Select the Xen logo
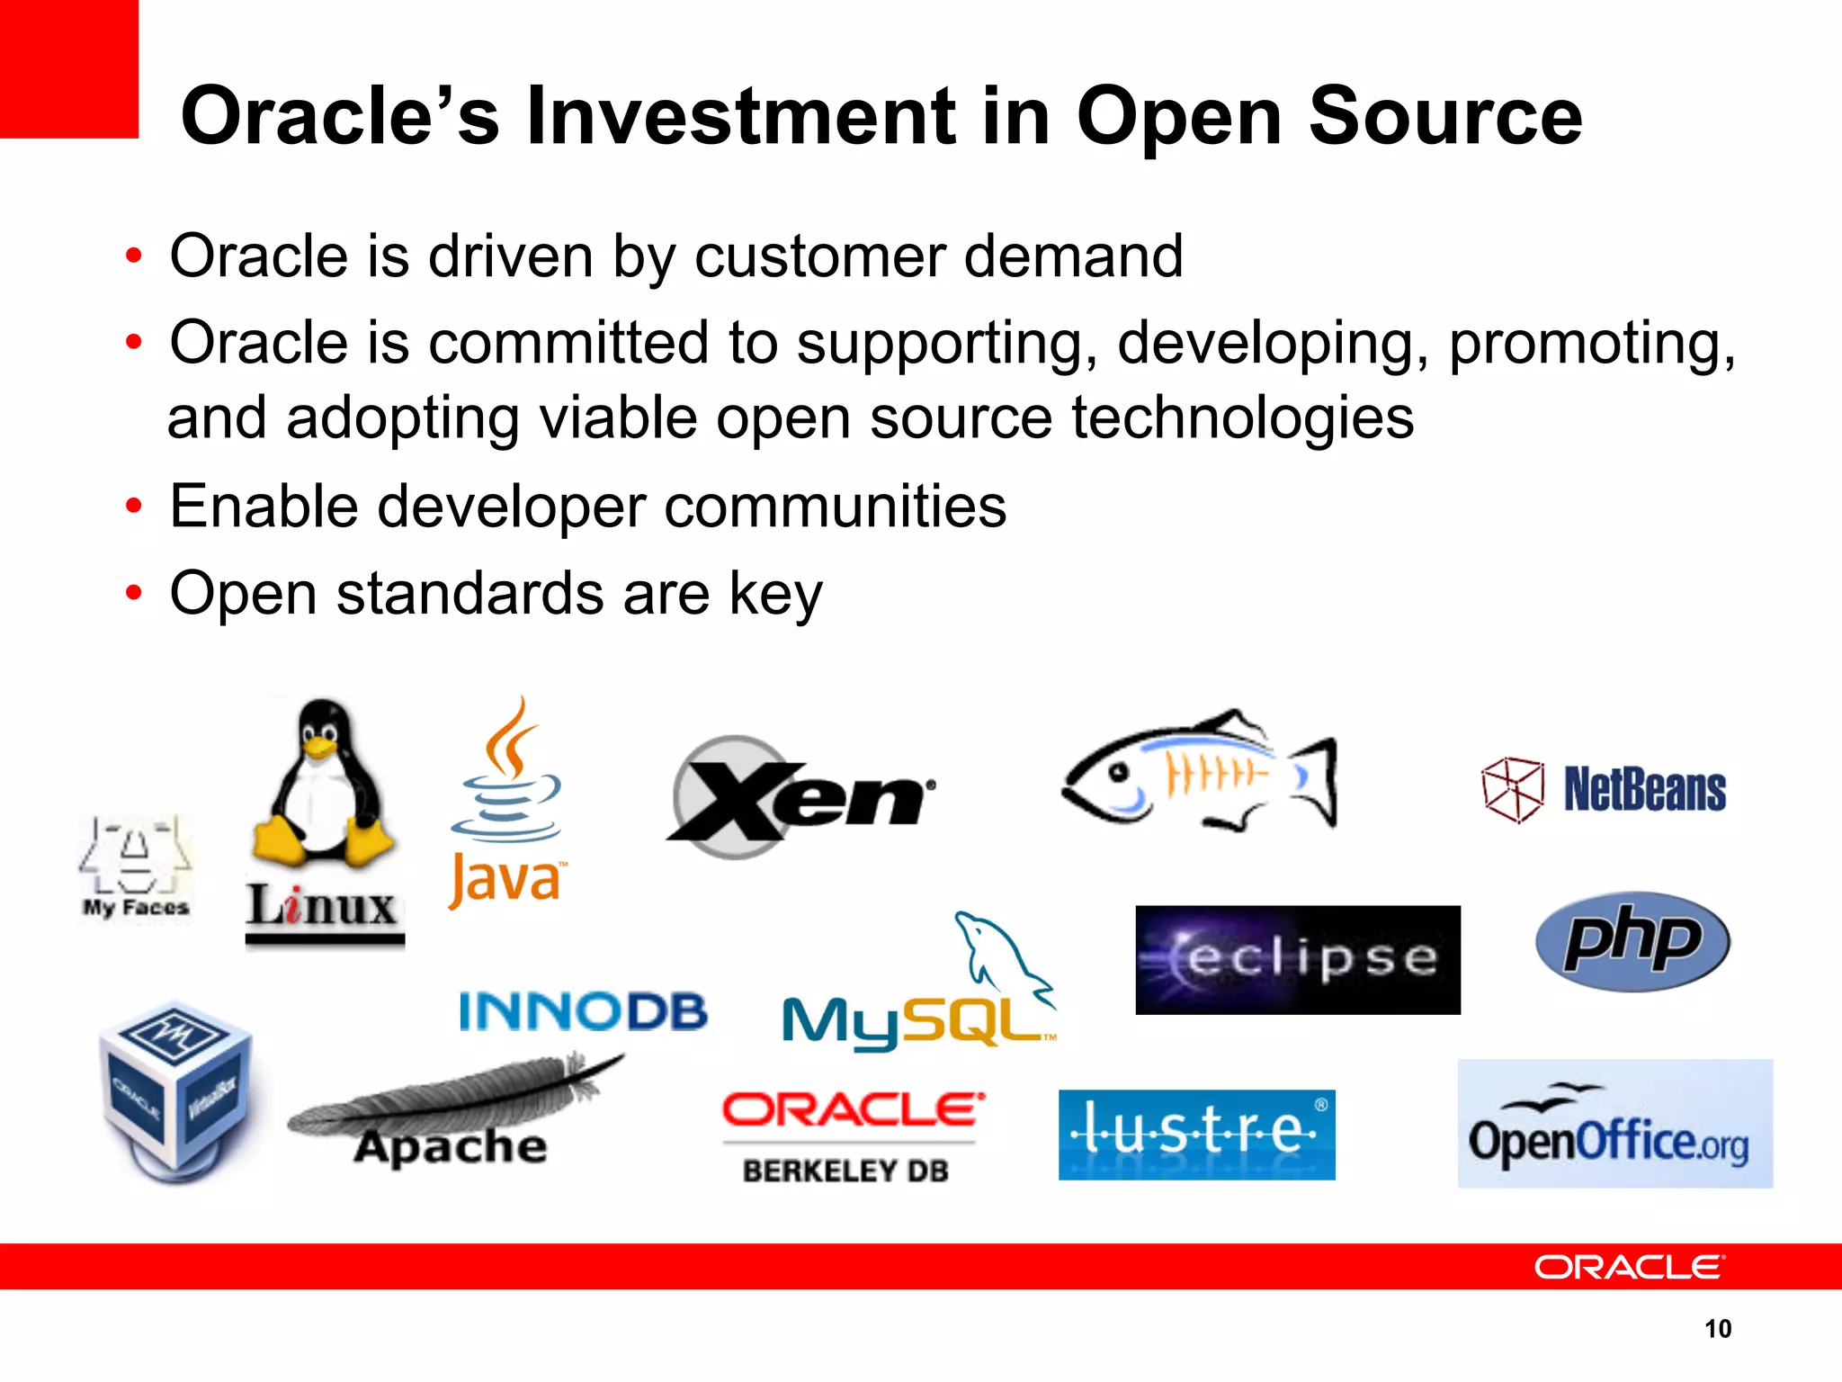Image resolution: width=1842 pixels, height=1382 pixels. (800, 796)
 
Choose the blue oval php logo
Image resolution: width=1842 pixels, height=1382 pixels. (1632, 942)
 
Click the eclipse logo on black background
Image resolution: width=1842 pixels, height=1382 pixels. (1297, 960)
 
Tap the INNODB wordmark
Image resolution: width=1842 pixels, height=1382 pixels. (583, 1011)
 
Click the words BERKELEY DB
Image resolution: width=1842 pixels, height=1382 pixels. (845, 1171)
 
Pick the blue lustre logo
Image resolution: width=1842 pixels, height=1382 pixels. (1196, 1134)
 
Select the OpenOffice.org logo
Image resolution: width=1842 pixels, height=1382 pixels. (1614, 1125)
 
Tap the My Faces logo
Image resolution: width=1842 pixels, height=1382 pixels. (136, 868)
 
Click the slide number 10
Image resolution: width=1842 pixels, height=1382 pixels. (1717, 1329)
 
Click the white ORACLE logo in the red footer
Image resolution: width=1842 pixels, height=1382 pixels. (1629, 1267)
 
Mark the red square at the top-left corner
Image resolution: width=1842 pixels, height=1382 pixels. (68, 68)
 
